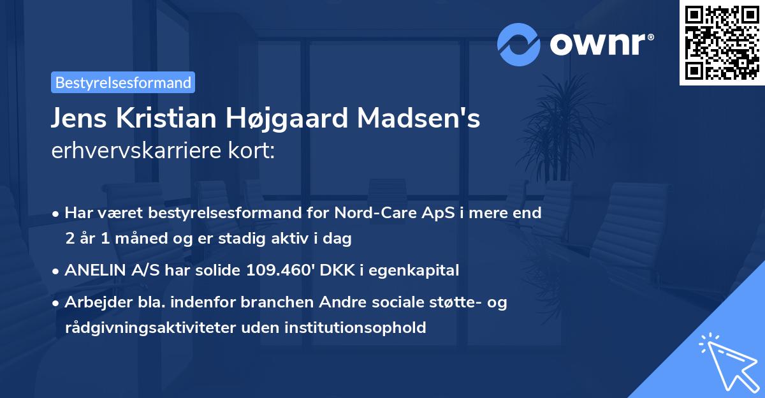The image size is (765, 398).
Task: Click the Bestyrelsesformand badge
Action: (123, 82)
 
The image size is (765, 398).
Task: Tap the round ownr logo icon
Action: (519, 44)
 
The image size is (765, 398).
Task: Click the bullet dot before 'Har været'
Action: (57, 214)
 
